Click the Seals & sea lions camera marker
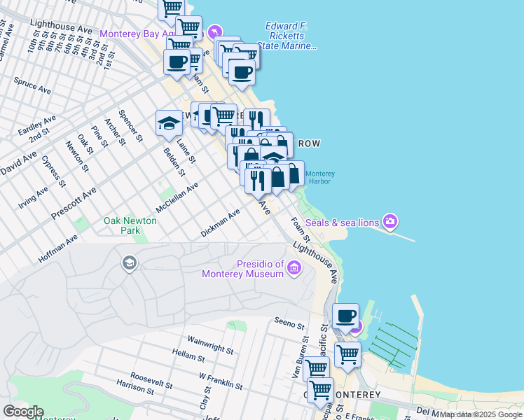point(390,223)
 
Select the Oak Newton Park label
point(130,225)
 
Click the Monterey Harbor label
point(320,177)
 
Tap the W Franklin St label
point(221,381)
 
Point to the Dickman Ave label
point(220,220)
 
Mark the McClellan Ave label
point(177,198)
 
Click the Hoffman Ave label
point(58,249)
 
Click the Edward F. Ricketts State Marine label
point(287,36)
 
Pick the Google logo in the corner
point(23,412)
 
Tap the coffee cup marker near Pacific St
point(345,316)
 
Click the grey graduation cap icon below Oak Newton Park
point(129,263)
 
